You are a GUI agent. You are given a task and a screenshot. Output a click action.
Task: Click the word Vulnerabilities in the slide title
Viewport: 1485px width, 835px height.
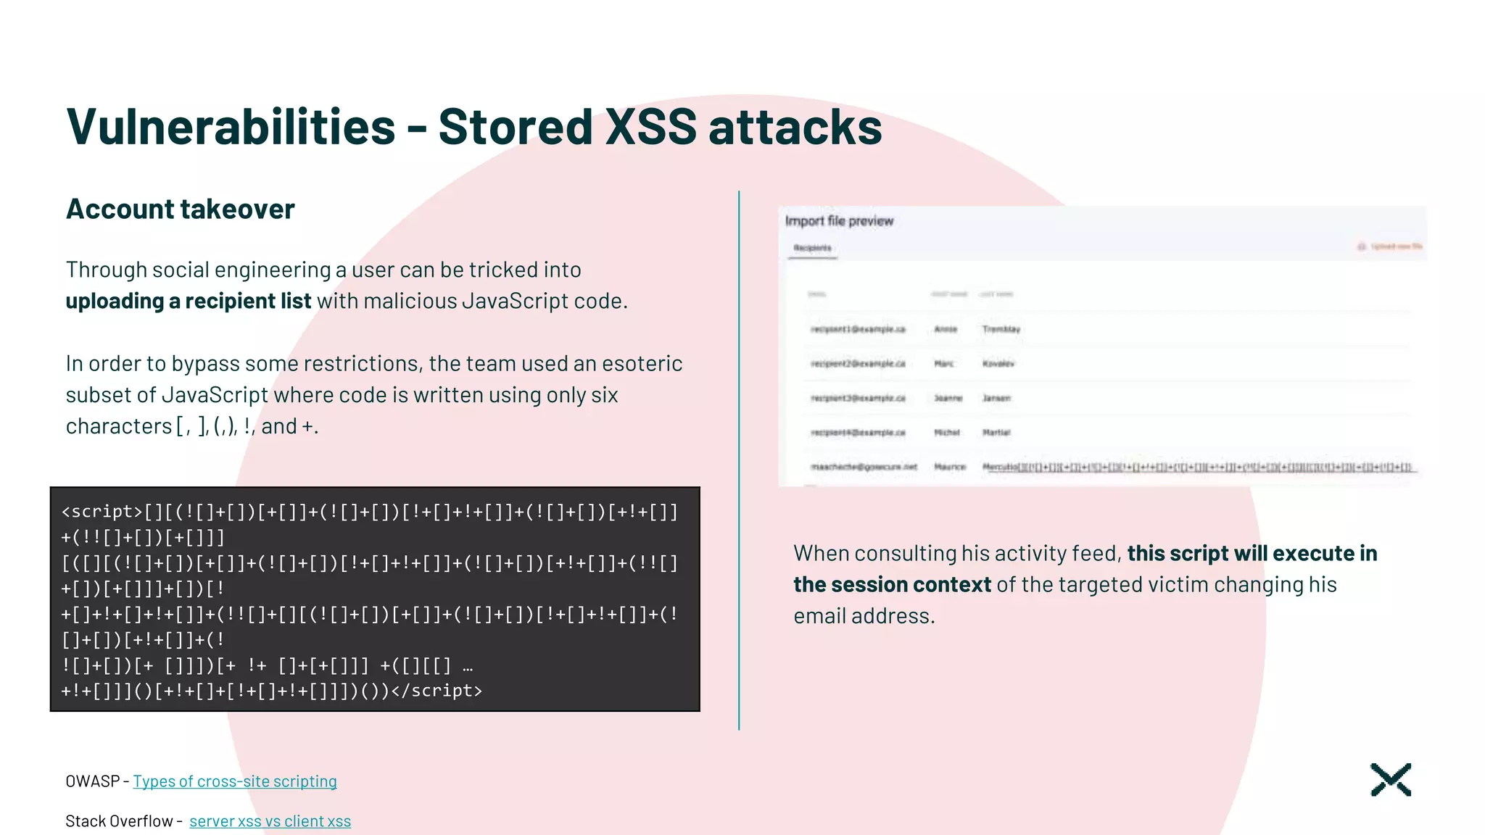click(x=231, y=127)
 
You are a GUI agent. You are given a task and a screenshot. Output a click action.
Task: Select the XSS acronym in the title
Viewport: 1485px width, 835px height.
click(x=650, y=127)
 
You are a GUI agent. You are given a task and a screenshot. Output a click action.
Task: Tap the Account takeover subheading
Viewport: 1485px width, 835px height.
click(x=181, y=209)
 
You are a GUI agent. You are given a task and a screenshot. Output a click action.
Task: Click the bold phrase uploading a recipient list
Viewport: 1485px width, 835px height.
click(x=189, y=301)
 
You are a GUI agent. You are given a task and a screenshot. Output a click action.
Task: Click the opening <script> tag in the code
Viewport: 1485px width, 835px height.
click(x=102, y=512)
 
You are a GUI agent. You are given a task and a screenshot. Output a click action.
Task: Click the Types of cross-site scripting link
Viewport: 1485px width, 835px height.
click(x=235, y=781)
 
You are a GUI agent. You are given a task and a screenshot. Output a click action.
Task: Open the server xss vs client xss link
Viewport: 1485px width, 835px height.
click(x=270, y=821)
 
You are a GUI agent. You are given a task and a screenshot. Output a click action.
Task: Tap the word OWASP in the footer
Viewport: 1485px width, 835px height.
click(x=92, y=781)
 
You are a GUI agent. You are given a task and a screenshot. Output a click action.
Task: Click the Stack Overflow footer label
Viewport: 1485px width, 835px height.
click(x=119, y=821)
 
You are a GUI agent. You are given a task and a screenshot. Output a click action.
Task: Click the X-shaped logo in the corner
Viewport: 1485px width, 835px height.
click(x=1391, y=780)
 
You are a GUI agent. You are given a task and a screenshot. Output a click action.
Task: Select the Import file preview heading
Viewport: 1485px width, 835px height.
click(x=839, y=221)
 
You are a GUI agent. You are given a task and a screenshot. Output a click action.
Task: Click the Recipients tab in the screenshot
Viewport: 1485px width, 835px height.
click(x=812, y=248)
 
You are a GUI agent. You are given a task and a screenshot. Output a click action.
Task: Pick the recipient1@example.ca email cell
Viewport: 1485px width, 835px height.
click(x=858, y=329)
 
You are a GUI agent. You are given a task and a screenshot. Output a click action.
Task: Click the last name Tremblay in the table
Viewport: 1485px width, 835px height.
click(x=1001, y=329)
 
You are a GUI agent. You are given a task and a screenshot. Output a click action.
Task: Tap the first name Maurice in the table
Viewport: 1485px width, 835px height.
click(x=949, y=467)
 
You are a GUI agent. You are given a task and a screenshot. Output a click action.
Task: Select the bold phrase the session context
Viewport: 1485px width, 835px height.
click(x=892, y=584)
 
